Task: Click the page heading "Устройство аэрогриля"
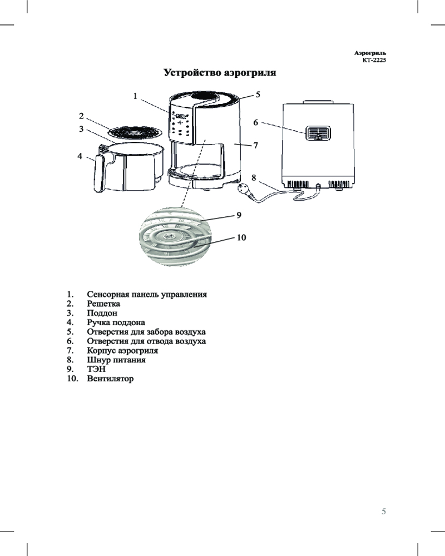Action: [x=220, y=73]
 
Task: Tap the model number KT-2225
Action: [x=374, y=60]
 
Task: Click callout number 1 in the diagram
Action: [x=135, y=96]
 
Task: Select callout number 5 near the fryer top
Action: [x=258, y=95]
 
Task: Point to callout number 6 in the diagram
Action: [x=255, y=122]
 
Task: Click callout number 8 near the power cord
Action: [x=254, y=178]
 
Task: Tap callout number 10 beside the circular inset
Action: [x=241, y=237]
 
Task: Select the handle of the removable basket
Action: [x=98, y=173]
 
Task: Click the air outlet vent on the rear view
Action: [x=318, y=133]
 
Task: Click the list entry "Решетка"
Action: [x=103, y=304]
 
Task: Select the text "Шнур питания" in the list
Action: [x=116, y=360]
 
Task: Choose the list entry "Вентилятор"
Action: [x=110, y=379]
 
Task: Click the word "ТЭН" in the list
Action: [x=96, y=369]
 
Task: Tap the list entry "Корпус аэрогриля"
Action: [x=122, y=351]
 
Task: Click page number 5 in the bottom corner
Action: [x=384, y=512]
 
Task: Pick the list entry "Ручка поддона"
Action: [x=116, y=322]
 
